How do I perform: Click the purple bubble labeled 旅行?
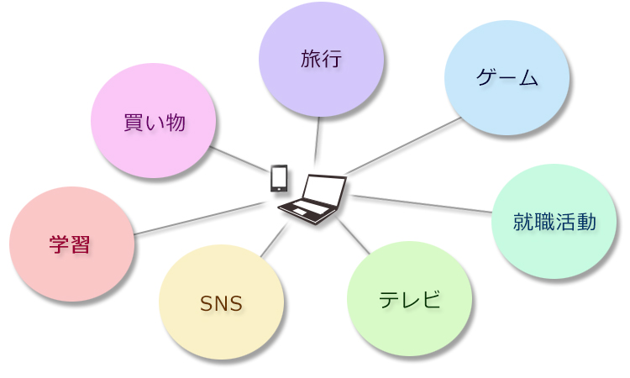tap(321, 59)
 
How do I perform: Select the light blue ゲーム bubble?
tap(507, 78)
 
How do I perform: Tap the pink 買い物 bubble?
tap(154, 121)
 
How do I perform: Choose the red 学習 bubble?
tap(71, 244)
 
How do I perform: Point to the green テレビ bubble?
tap(409, 299)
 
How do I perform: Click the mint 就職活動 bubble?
tap(554, 222)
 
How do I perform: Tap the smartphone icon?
tap(279, 178)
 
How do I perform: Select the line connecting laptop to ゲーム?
tap(403, 145)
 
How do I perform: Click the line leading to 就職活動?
tap(420, 204)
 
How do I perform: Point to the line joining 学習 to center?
tap(197, 218)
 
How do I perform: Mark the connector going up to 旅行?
tap(318, 139)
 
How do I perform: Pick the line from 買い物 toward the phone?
tap(237, 158)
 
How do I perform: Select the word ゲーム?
tap(507, 78)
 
